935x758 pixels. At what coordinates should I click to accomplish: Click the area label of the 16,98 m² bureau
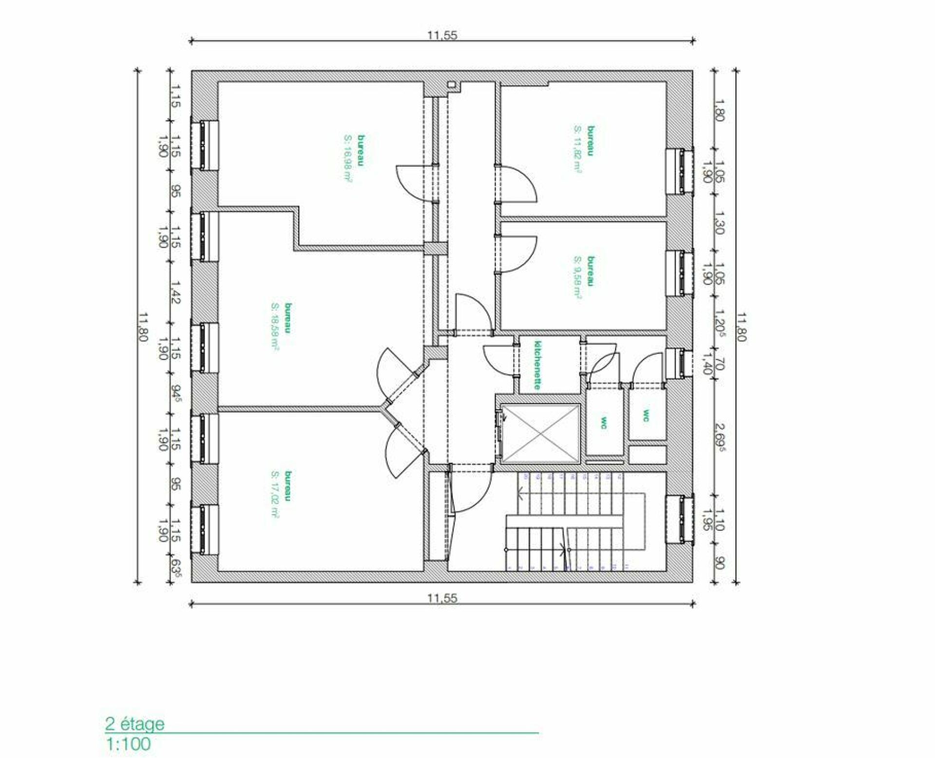tap(348, 158)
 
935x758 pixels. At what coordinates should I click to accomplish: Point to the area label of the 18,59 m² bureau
tap(275, 326)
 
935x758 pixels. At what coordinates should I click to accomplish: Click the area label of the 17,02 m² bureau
tap(275, 494)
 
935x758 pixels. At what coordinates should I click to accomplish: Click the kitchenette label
tap(537, 365)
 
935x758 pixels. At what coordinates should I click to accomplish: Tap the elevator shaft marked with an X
tap(540, 434)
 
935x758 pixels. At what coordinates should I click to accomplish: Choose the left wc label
tap(604, 422)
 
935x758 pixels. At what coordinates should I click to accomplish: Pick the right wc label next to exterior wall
tap(646, 416)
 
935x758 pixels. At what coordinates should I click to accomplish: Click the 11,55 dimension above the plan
tap(442, 35)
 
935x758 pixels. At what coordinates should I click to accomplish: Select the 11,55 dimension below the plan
tap(442, 598)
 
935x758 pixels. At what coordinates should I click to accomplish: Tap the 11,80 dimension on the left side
tap(142, 327)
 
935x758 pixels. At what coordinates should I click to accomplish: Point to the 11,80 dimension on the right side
tap(741, 327)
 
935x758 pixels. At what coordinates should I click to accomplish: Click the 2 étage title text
tap(135, 724)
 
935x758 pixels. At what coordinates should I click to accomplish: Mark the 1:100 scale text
tap(128, 744)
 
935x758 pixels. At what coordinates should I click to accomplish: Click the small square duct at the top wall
tap(452, 85)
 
